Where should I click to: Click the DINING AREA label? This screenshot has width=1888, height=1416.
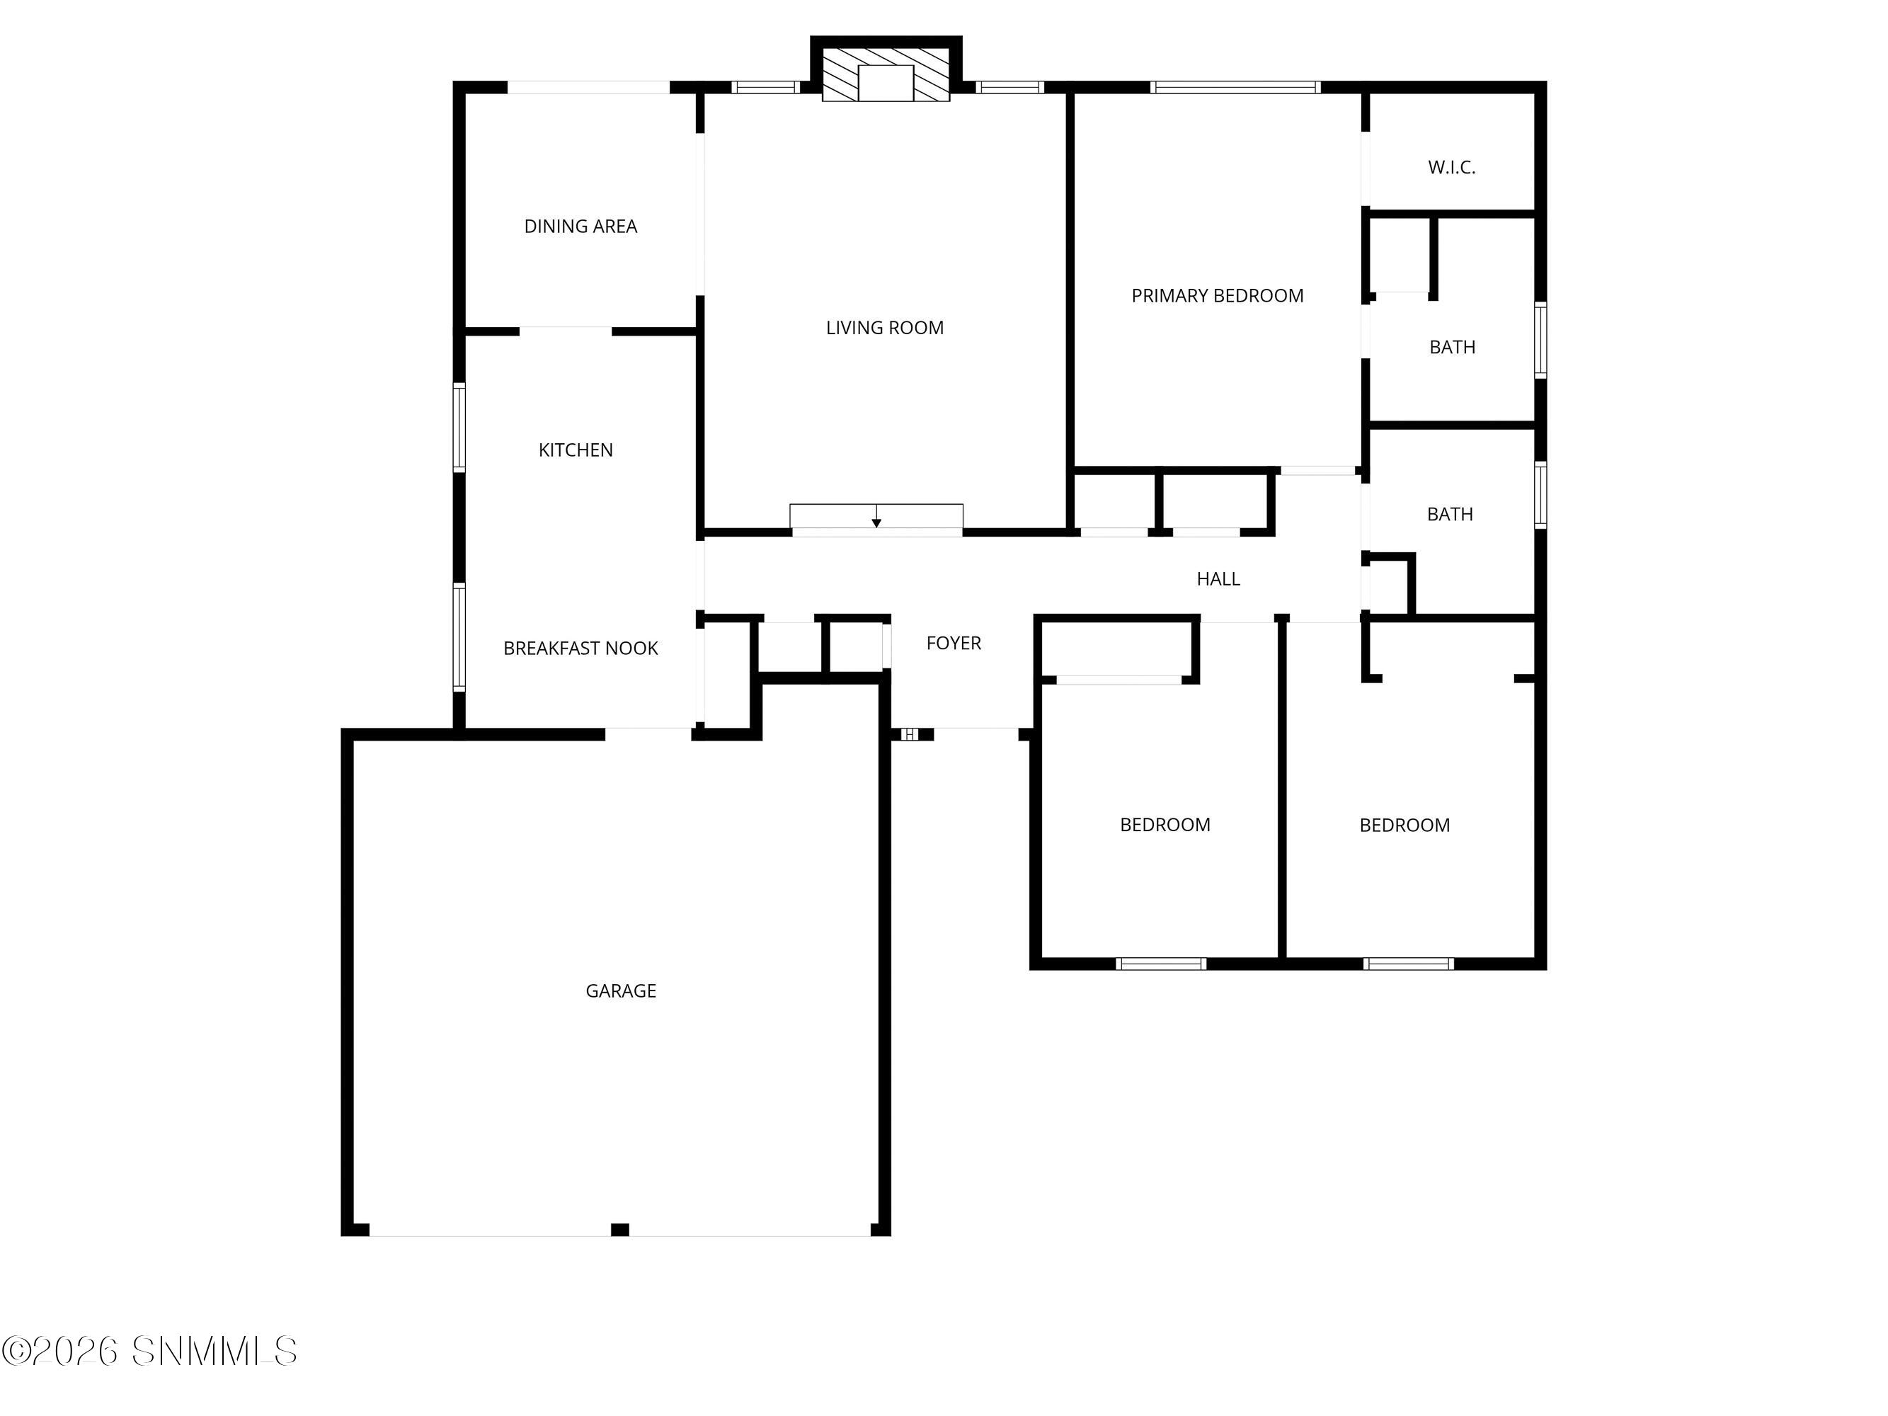click(x=580, y=226)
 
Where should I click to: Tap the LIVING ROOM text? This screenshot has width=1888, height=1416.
click(x=884, y=328)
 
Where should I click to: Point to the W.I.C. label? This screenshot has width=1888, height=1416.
click(x=1451, y=167)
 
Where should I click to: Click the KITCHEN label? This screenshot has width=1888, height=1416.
click(x=576, y=450)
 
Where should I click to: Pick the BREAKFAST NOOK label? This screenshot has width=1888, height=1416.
click(x=580, y=649)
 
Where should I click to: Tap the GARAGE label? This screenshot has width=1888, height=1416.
click(x=621, y=991)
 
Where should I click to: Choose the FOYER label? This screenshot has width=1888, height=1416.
click(x=954, y=643)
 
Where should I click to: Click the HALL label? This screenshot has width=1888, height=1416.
click(x=1218, y=578)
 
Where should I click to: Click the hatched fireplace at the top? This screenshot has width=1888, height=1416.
click(x=886, y=75)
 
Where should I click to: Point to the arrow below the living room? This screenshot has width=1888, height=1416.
click(x=876, y=516)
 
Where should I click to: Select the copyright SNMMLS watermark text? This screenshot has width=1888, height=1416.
click(x=149, y=1351)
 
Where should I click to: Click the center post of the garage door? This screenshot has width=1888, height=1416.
click(x=621, y=1230)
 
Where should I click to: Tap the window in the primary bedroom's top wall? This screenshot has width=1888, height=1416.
click(x=1235, y=87)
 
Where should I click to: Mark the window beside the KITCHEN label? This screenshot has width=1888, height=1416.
click(x=459, y=428)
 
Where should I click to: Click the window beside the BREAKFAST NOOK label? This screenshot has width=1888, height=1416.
click(x=459, y=636)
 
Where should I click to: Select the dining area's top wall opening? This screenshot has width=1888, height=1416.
click(x=589, y=87)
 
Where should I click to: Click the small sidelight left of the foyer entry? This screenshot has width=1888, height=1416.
click(x=910, y=734)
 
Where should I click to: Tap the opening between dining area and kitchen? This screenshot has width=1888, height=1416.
click(x=566, y=331)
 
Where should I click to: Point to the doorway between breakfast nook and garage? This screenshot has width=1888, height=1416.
click(x=648, y=734)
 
